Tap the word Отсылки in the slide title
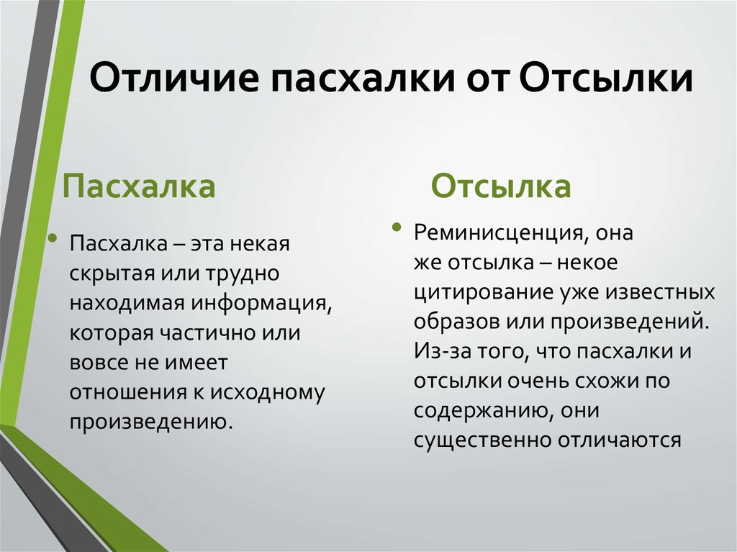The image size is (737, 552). pyautogui.click(x=606, y=76)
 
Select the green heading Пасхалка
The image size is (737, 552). pyautogui.click(x=139, y=186)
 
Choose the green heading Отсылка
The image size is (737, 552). pyautogui.click(x=501, y=186)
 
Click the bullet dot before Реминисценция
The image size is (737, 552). pyautogui.click(x=397, y=227)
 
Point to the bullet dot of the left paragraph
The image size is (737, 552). pyautogui.click(x=52, y=238)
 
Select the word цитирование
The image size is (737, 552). pyautogui.click(x=484, y=293)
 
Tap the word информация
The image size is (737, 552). pyautogui.click(x=261, y=304)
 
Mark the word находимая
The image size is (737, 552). pyautogui.click(x=127, y=303)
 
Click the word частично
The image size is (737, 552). pyautogui.click(x=208, y=333)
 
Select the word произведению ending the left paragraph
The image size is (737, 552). pyautogui.click(x=151, y=422)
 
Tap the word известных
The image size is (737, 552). pyautogui.click(x=660, y=292)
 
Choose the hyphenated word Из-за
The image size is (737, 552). pyautogui.click(x=443, y=352)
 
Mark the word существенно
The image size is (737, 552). pyautogui.click(x=483, y=440)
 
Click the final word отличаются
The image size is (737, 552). pyautogui.click(x=620, y=440)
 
